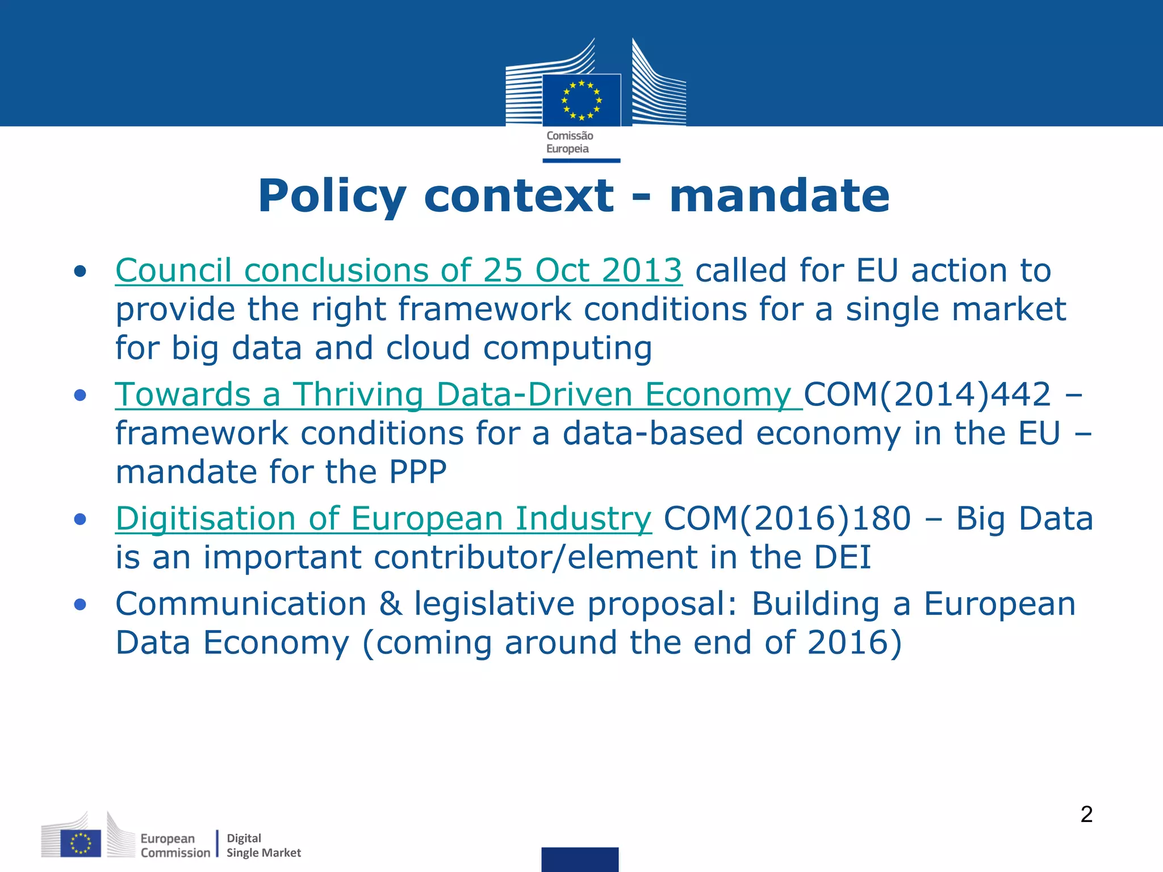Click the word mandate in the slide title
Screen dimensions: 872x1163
(x=779, y=196)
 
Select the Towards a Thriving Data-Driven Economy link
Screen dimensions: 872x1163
(x=458, y=395)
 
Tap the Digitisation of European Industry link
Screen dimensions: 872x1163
(x=383, y=519)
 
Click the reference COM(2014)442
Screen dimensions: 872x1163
(x=927, y=395)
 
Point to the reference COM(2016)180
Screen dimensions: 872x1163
(x=787, y=519)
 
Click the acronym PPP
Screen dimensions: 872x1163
(x=417, y=472)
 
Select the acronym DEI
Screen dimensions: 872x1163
(x=842, y=557)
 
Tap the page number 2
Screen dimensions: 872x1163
(x=1086, y=815)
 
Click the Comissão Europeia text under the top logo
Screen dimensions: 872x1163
(x=569, y=142)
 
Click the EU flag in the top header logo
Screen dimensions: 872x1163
(x=581, y=100)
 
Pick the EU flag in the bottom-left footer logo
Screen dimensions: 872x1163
(x=81, y=844)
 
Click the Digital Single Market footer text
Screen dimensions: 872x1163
(x=263, y=845)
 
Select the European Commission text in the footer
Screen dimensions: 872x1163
(x=174, y=845)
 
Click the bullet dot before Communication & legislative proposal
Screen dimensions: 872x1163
(x=80, y=605)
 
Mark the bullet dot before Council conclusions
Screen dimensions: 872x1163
(x=80, y=271)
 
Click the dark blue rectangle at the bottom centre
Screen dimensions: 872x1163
(x=580, y=860)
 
